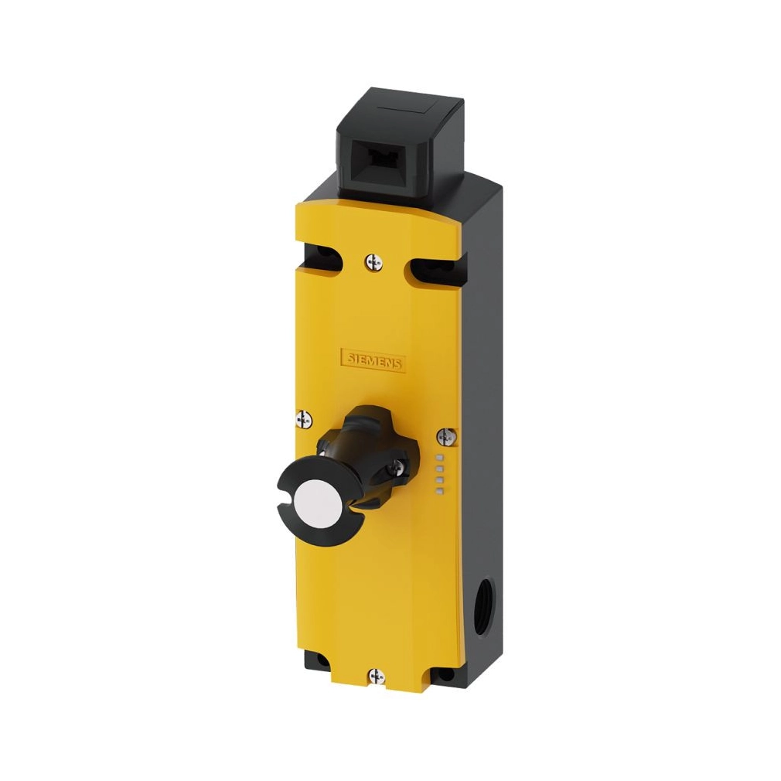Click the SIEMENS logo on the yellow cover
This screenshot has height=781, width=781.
click(373, 360)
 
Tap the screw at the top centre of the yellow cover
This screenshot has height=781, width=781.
click(373, 262)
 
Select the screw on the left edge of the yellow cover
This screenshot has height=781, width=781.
click(304, 419)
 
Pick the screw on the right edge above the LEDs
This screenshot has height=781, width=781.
click(446, 437)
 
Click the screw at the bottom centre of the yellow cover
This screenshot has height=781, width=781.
click(377, 677)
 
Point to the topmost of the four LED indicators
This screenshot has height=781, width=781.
click(439, 457)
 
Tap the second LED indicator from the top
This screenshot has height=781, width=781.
click(439, 469)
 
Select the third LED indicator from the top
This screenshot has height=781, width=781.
click(439, 480)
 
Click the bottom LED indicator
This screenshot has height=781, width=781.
click(439, 492)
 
